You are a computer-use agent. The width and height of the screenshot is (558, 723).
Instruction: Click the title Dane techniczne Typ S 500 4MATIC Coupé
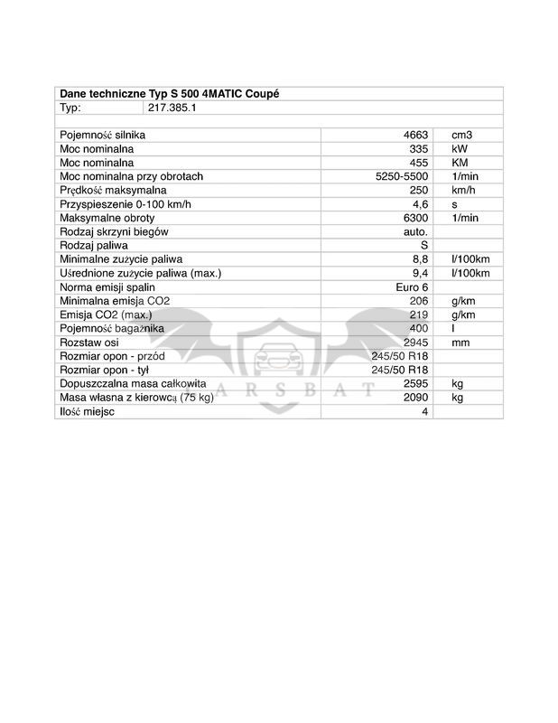click(x=175, y=93)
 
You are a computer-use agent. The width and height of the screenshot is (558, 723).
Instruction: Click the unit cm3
click(x=462, y=135)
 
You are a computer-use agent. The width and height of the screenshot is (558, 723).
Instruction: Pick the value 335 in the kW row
click(x=418, y=148)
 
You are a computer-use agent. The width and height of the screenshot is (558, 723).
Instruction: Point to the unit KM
click(x=459, y=163)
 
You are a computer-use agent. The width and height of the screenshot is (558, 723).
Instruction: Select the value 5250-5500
click(x=402, y=176)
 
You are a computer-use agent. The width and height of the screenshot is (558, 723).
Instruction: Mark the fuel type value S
click(x=423, y=245)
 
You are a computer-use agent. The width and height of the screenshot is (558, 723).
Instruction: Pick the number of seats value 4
click(x=423, y=411)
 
